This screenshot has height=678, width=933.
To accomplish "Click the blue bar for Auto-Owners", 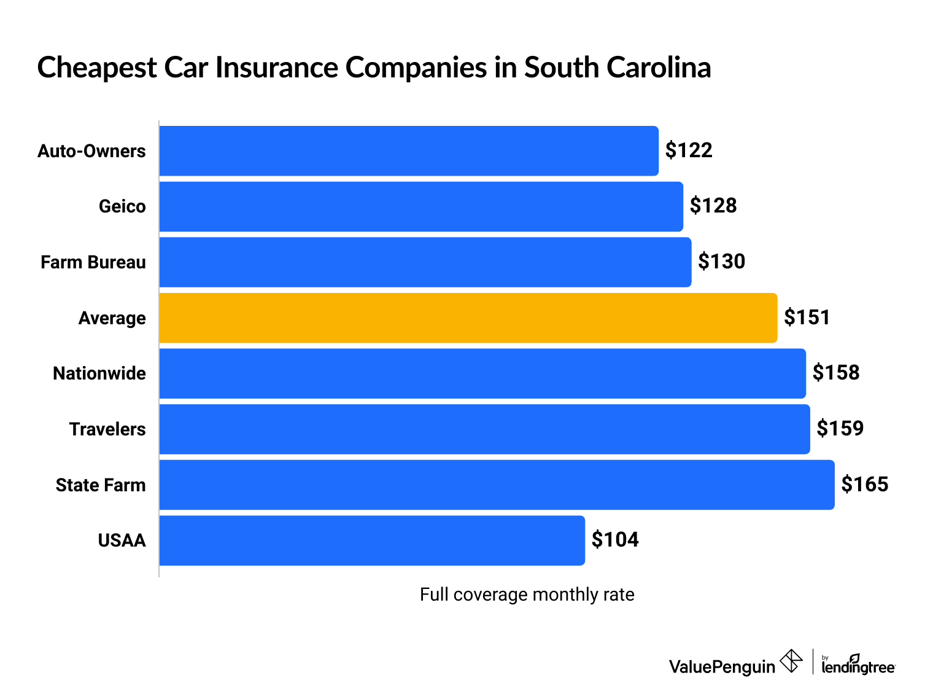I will pyautogui.click(x=409, y=151).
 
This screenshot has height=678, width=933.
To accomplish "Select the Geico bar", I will pyautogui.click(x=421, y=206).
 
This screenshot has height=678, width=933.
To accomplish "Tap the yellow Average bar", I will pyautogui.click(x=468, y=318).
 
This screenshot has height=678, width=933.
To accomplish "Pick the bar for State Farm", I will pyautogui.click(x=497, y=485).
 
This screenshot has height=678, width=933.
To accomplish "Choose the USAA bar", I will pyautogui.click(x=372, y=540).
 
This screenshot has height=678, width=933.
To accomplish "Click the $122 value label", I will pyautogui.click(x=689, y=150).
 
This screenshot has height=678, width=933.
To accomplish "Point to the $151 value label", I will pyautogui.click(x=807, y=318).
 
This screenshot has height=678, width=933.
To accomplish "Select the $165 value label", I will pyautogui.click(x=864, y=485).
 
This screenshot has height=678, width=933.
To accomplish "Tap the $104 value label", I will pyautogui.click(x=615, y=540).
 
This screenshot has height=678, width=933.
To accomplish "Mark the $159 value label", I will pyautogui.click(x=840, y=429).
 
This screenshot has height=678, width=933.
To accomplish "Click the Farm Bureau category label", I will pyautogui.click(x=93, y=262).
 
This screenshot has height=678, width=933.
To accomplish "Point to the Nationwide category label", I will pyautogui.click(x=99, y=373).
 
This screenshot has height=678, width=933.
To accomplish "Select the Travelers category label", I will pyautogui.click(x=107, y=429).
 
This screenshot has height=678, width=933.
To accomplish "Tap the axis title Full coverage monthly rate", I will pyautogui.click(x=527, y=594).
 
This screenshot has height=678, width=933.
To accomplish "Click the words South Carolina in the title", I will pyautogui.click(x=617, y=68).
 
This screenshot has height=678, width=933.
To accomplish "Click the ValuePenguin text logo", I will pyautogui.click(x=722, y=666).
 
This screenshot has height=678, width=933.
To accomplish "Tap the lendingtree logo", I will pyautogui.click(x=858, y=664).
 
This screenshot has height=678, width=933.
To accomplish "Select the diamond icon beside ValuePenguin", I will pyautogui.click(x=791, y=661).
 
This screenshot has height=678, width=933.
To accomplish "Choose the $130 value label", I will pyautogui.click(x=721, y=262).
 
